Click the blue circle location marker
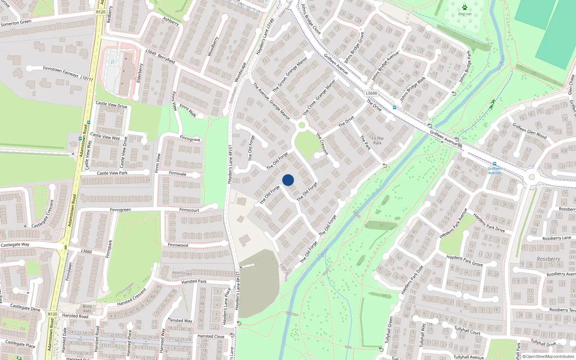[x=288, y=180]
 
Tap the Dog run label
[x=464, y=14]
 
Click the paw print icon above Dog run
[x=464, y=8]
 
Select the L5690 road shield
[x=372, y=93]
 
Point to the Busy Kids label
[x=87, y=309]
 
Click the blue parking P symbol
[x=113, y=62]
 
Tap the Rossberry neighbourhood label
[x=548, y=259]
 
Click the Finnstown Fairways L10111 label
[x=68, y=73]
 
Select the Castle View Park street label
[x=112, y=173]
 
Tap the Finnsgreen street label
[x=120, y=210]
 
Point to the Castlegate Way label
[x=15, y=245]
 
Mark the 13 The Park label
[x=377, y=140]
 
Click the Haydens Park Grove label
[x=464, y=261]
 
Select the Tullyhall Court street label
[x=467, y=330]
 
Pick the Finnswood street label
[x=178, y=245]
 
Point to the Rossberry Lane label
[x=557, y=238]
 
